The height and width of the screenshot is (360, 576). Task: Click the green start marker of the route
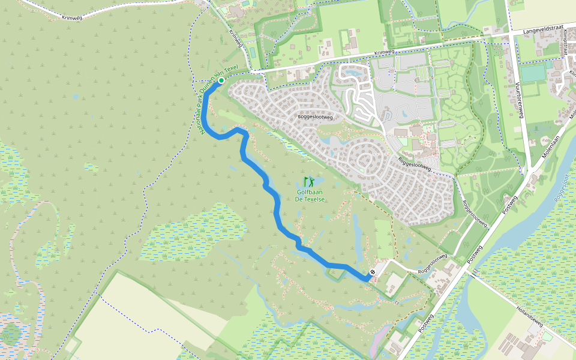coord(221,80)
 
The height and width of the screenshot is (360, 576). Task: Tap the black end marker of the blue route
coord(373,272)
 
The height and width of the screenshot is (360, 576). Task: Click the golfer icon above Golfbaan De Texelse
coord(310,181)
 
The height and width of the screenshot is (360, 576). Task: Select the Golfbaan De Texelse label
coord(311,196)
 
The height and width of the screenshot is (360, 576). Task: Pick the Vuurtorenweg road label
coord(520,100)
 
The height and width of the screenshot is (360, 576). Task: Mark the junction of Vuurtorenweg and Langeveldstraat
coord(511,35)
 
